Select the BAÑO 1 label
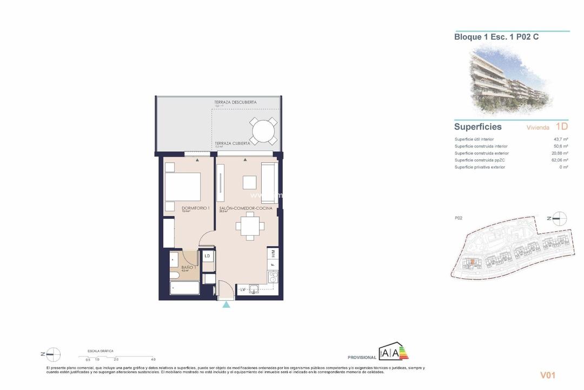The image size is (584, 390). point(188,268)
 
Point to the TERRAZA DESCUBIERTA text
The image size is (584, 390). point(236,102)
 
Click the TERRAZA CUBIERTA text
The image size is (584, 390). point(233,144)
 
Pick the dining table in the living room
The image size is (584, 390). point(249,226)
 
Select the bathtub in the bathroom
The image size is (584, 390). point(185,287)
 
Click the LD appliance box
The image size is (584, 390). point(207,256)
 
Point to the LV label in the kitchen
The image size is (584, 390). point(243,290)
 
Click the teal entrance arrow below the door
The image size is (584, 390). point(226,305)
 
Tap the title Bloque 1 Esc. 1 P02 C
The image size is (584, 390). point(496,37)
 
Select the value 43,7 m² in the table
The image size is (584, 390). point(561,139)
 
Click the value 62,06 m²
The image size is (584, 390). point(560,160)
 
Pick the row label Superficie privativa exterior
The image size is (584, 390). point(480,167)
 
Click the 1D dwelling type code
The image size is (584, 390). point(561,127)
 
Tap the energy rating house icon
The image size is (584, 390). point(393,352)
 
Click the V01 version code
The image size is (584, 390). point(548,375)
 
